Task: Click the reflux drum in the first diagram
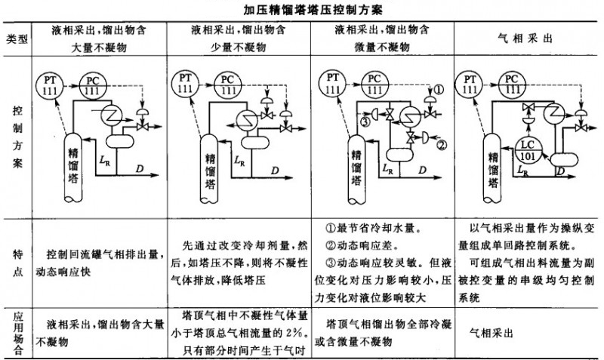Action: pyautogui.click(x=119, y=140)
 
